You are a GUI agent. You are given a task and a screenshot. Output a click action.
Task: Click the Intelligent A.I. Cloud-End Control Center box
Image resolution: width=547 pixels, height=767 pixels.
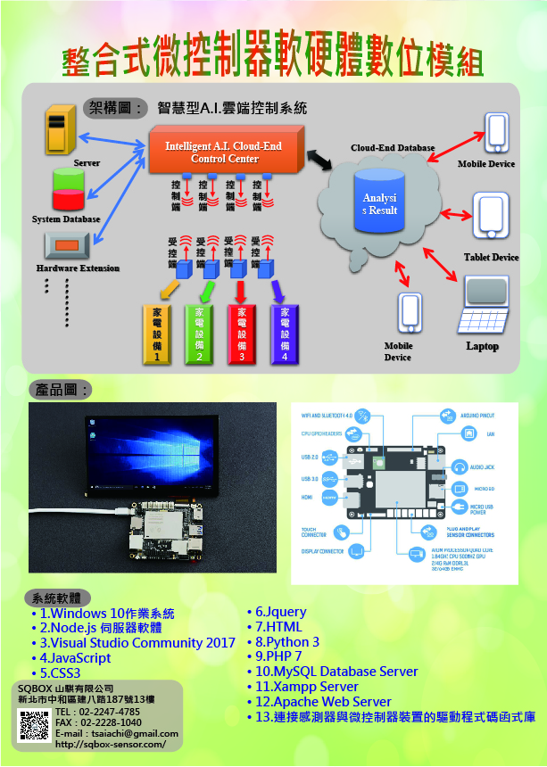point(225,153)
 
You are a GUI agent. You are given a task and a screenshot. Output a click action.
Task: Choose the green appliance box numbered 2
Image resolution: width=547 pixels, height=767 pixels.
point(198,334)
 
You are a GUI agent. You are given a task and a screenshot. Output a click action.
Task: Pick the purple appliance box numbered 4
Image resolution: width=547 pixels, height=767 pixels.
point(285,334)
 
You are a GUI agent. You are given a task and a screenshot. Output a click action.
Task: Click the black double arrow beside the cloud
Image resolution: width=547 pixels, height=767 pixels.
point(319,158)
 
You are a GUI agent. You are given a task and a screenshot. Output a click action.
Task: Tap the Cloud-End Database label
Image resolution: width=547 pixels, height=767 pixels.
point(393,148)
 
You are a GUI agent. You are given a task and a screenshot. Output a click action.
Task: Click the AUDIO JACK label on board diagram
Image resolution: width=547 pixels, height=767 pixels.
point(484,466)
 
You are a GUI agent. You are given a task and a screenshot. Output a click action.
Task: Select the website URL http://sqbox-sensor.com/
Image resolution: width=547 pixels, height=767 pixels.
point(111,744)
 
